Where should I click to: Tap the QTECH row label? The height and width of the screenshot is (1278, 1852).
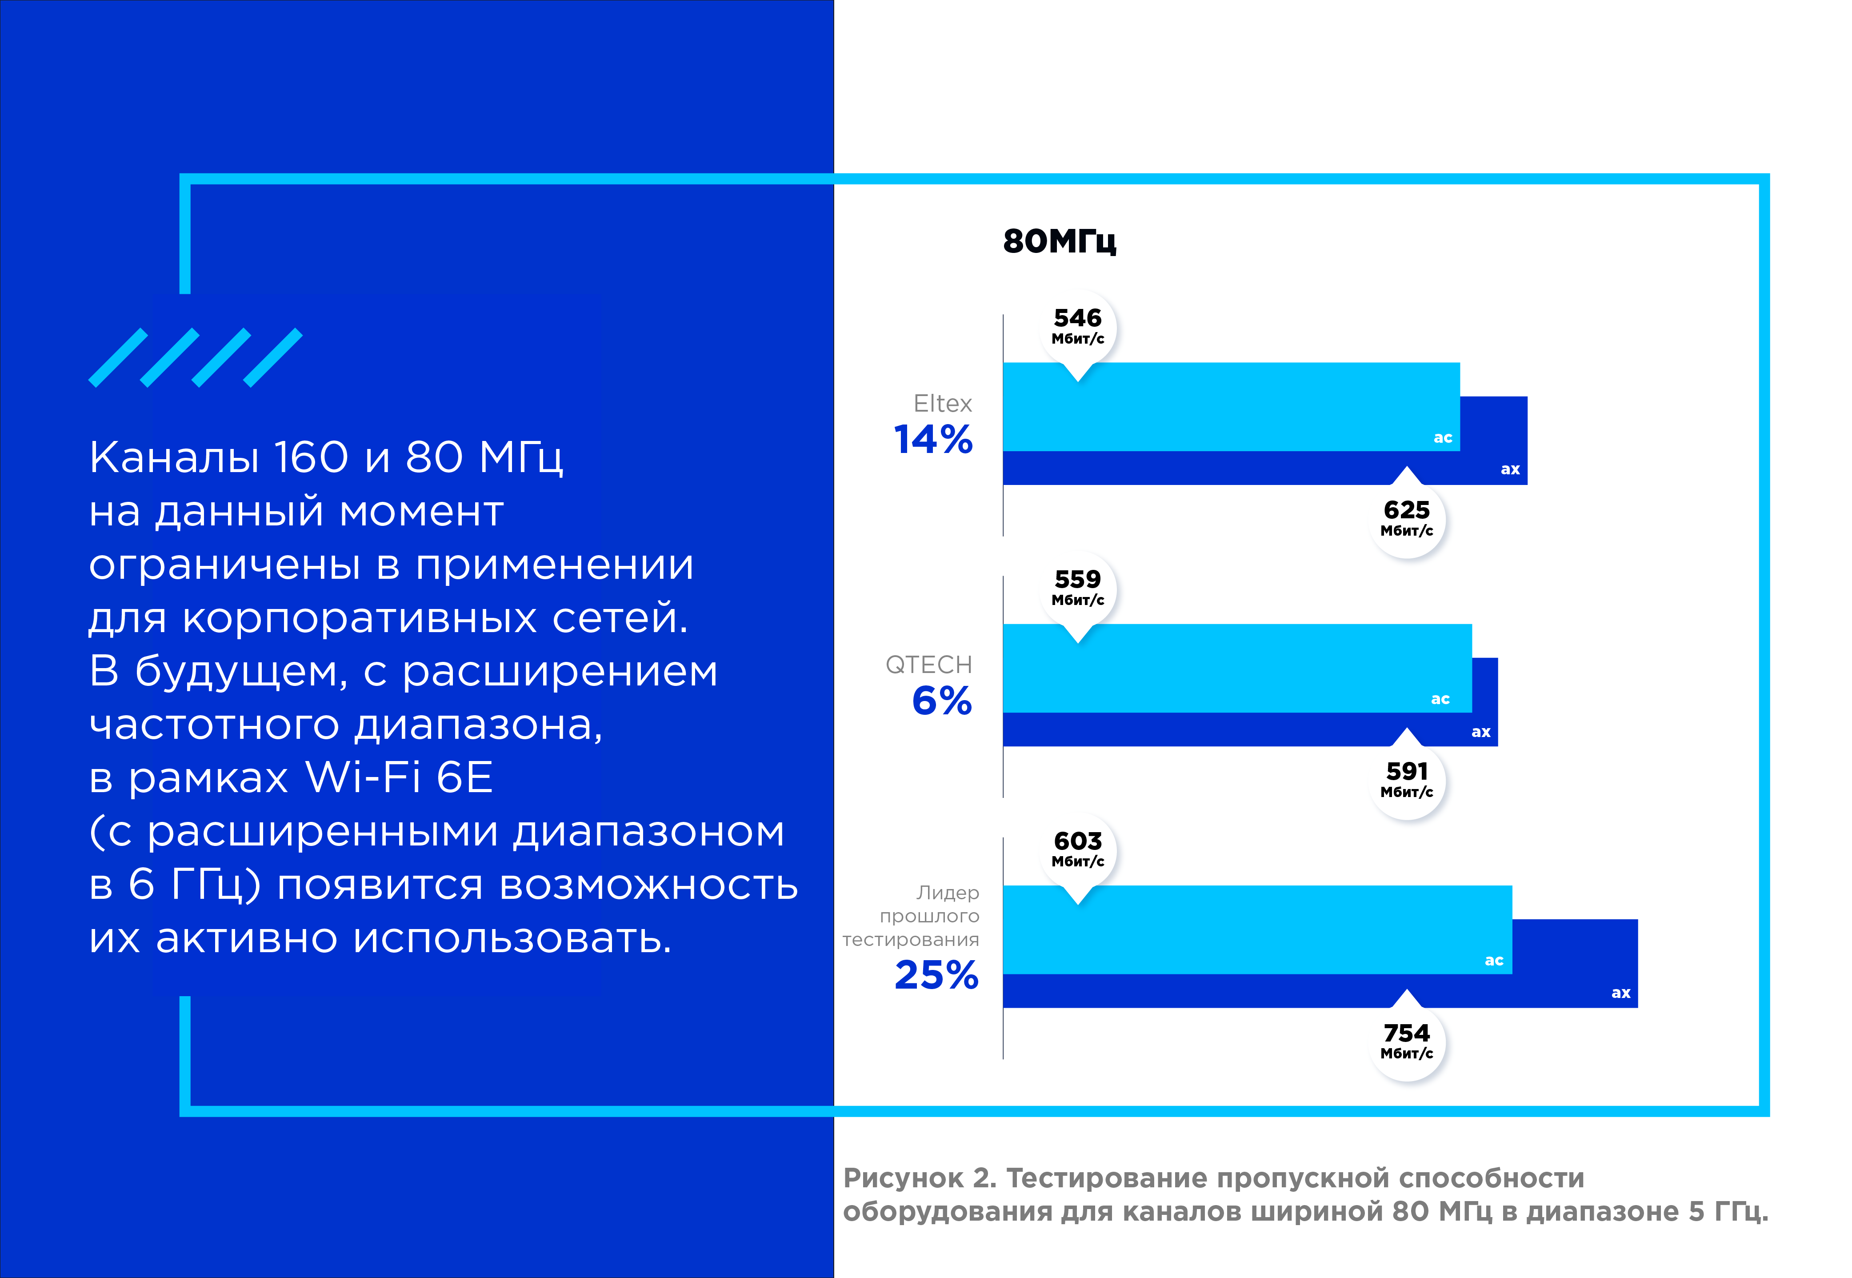click(x=929, y=665)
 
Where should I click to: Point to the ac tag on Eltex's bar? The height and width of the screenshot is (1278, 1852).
click(x=1443, y=438)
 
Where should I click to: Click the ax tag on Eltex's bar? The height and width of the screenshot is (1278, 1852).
click(x=1510, y=469)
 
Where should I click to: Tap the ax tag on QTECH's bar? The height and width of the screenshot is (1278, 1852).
click(x=1481, y=732)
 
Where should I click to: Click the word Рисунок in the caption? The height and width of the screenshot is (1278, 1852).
click(x=903, y=1178)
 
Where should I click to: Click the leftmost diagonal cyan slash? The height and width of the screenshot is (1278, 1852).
click(x=118, y=357)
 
